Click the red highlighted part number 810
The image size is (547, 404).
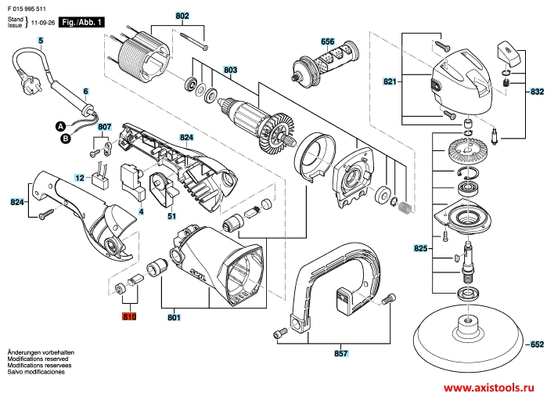(x=129, y=317)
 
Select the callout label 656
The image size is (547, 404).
(x=328, y=41)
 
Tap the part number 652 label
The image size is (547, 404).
(x=537, y=344)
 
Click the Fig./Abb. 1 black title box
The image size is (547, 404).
(x=81, y=23)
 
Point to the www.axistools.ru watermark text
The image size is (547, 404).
(x=489, y=388)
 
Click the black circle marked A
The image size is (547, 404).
(x=61, y=126)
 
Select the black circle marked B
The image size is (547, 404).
(x=65, y=139)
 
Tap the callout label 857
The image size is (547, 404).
(x=341, y=353)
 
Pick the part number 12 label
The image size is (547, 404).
(x=80, y=178)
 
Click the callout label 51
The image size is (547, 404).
(x=171, y=216)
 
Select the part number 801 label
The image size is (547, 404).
(x=174, y=317)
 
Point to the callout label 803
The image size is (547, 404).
(x=230, y=70)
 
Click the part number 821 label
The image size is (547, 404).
(x=390, y=81)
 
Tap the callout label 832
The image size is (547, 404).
(x=537, y=92)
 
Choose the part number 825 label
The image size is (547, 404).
(x=420, y=249)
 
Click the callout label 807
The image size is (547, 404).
(x=105, y=127)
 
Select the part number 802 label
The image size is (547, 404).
(x=182, y=16)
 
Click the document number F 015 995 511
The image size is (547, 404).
(x=27, y=9)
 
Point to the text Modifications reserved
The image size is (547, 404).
(x=38, y=359)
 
